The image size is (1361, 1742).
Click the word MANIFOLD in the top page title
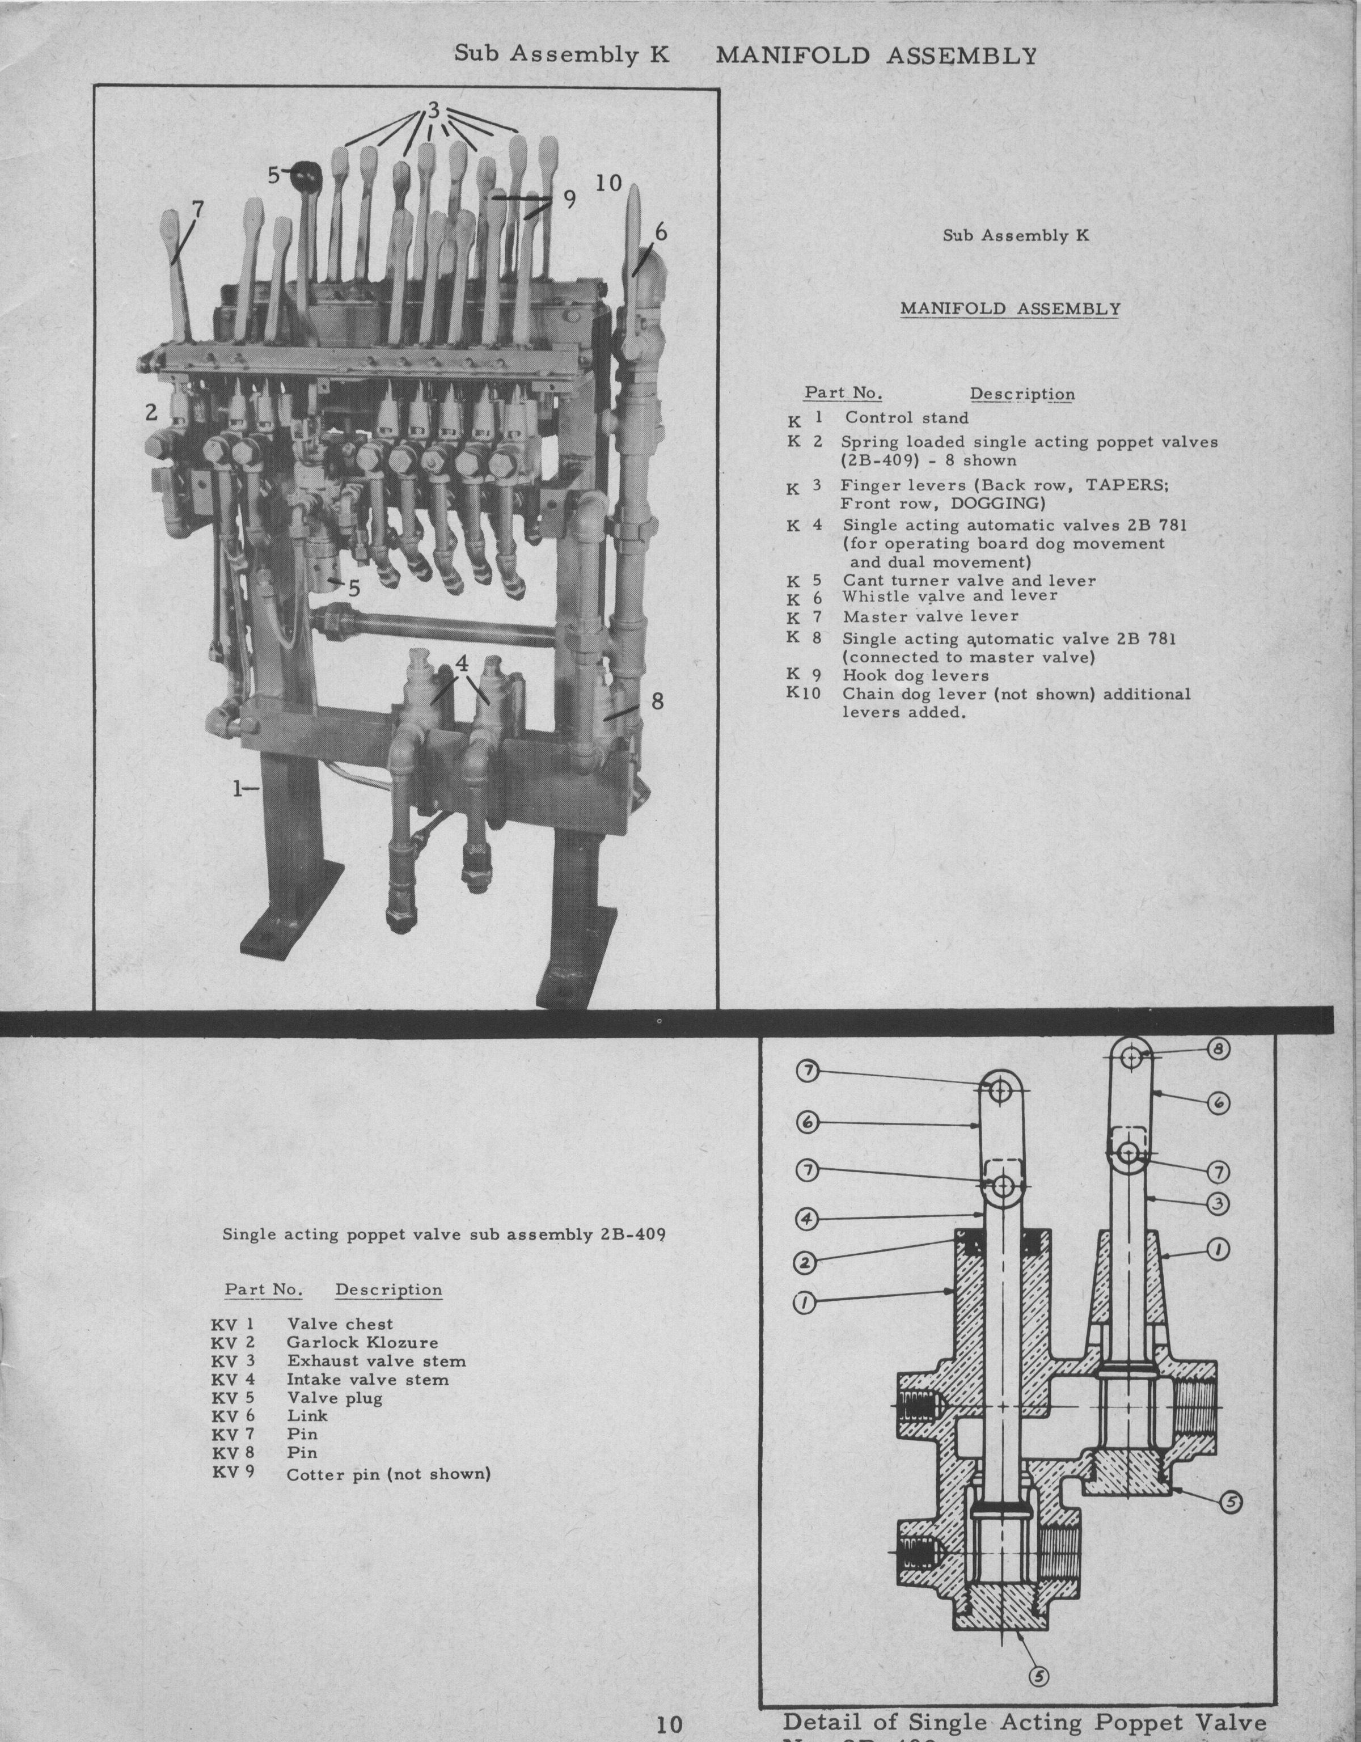[x=792, y=56]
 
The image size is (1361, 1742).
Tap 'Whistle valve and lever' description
[x=949, y=596]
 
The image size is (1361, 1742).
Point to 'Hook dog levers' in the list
[x=915, y=675]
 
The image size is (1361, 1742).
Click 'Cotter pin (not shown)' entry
[x=388, y=1474]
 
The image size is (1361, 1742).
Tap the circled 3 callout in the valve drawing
[x=1216, y=1203]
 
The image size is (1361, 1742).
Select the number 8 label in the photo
[x=657, y=700]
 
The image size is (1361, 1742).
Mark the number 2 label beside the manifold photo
[x=151, y=412]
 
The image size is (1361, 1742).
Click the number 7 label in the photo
[x=197, y=209]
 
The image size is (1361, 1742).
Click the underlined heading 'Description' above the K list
[x=1021, y=394]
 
